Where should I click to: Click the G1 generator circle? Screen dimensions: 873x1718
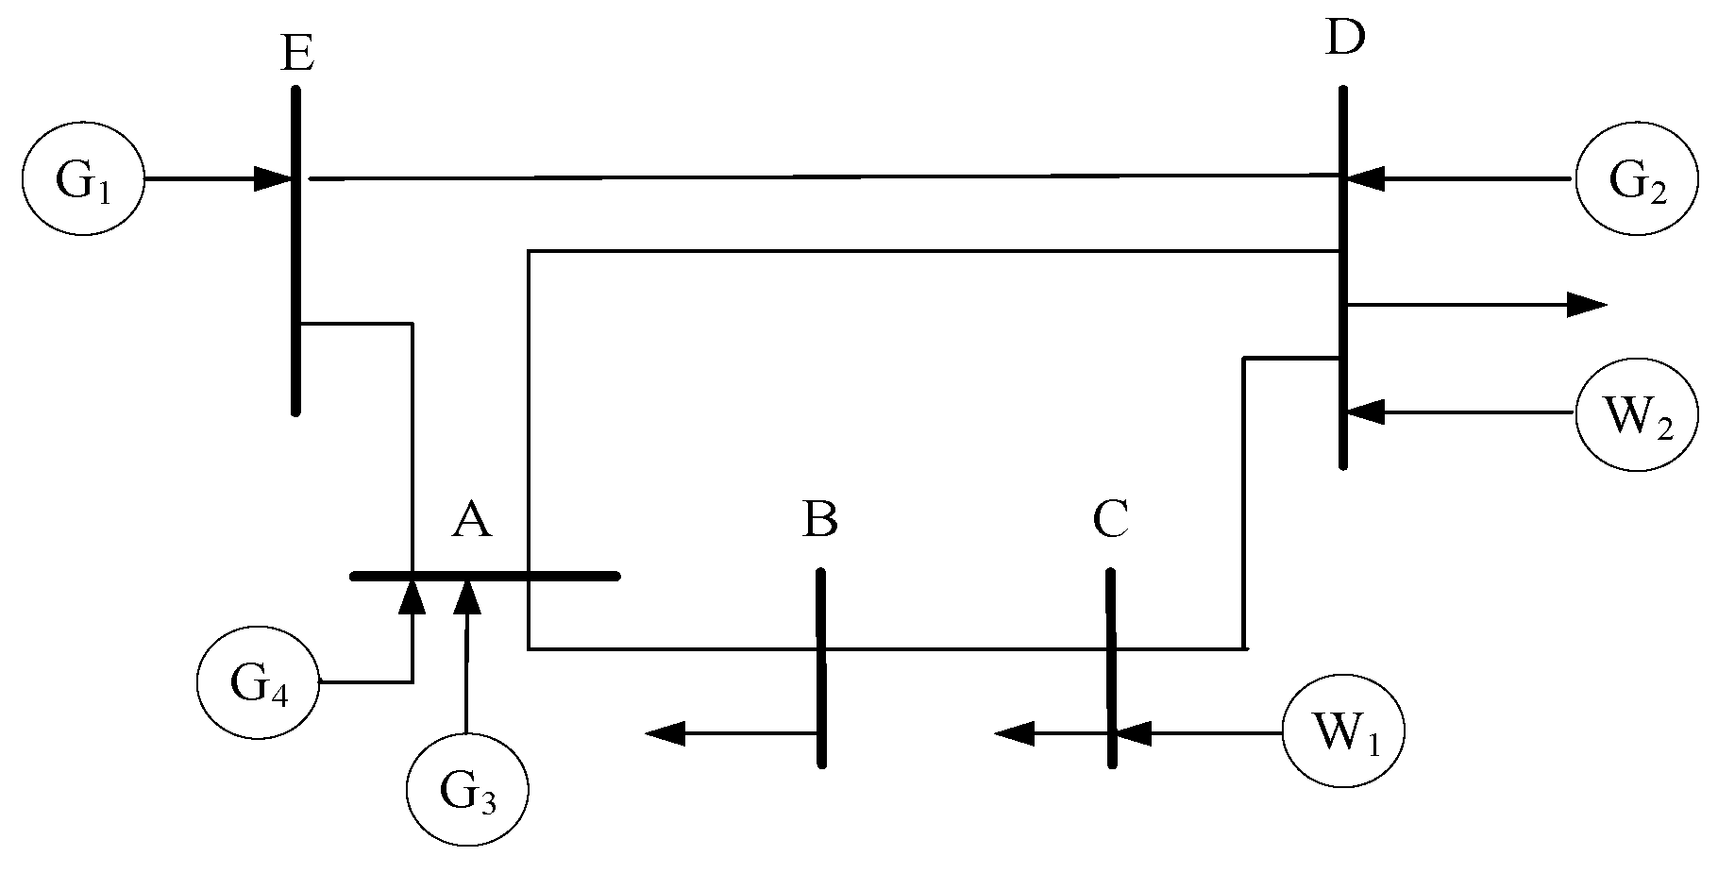click(83, 180)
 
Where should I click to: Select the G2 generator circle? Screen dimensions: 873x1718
click(1636, 180)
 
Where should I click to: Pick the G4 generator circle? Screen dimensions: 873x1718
click(258, 682)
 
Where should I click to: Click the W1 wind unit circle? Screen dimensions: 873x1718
click(1343, 731)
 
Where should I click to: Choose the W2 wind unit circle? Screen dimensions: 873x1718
click(1636, 413)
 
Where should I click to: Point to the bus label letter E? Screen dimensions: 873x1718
click(297, 54)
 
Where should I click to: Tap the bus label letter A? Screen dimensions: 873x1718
click(471, 519)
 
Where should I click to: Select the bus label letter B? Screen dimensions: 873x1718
click(819, 519)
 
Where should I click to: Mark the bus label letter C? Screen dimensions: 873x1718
click(1111, 519)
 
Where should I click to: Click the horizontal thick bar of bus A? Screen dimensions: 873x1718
click(566, 575)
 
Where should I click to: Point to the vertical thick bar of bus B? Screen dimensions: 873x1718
click(821, 698)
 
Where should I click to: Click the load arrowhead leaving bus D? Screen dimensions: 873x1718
click(1586, 304)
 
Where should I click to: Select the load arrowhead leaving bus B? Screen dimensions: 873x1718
click(665, 732)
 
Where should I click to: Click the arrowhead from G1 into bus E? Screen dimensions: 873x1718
click(273, 179)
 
